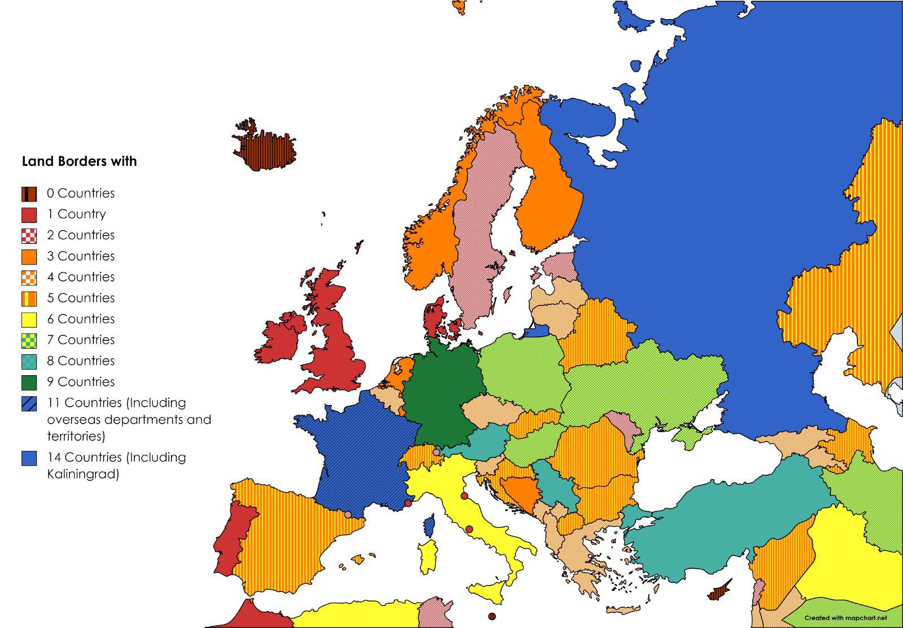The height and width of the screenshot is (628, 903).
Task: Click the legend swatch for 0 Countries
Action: [x=29, y=194]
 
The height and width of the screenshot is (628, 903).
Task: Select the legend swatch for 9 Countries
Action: [x=29, y=383]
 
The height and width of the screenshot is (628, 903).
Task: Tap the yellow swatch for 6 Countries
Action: [x=29, y=320]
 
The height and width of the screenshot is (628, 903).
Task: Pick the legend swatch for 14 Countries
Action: [x=29, y=458]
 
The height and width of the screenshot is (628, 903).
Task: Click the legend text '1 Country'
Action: [x=76, y=214]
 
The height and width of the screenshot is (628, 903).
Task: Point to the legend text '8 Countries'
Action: [x=81, y=361]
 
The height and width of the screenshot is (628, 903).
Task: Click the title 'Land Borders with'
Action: [x=79, y=161]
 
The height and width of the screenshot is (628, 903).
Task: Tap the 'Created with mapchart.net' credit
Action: [x=845, y=618]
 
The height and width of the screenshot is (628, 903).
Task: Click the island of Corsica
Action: [x=430, y=526]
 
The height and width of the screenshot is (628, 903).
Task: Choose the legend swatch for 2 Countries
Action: [x=29, y=236]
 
